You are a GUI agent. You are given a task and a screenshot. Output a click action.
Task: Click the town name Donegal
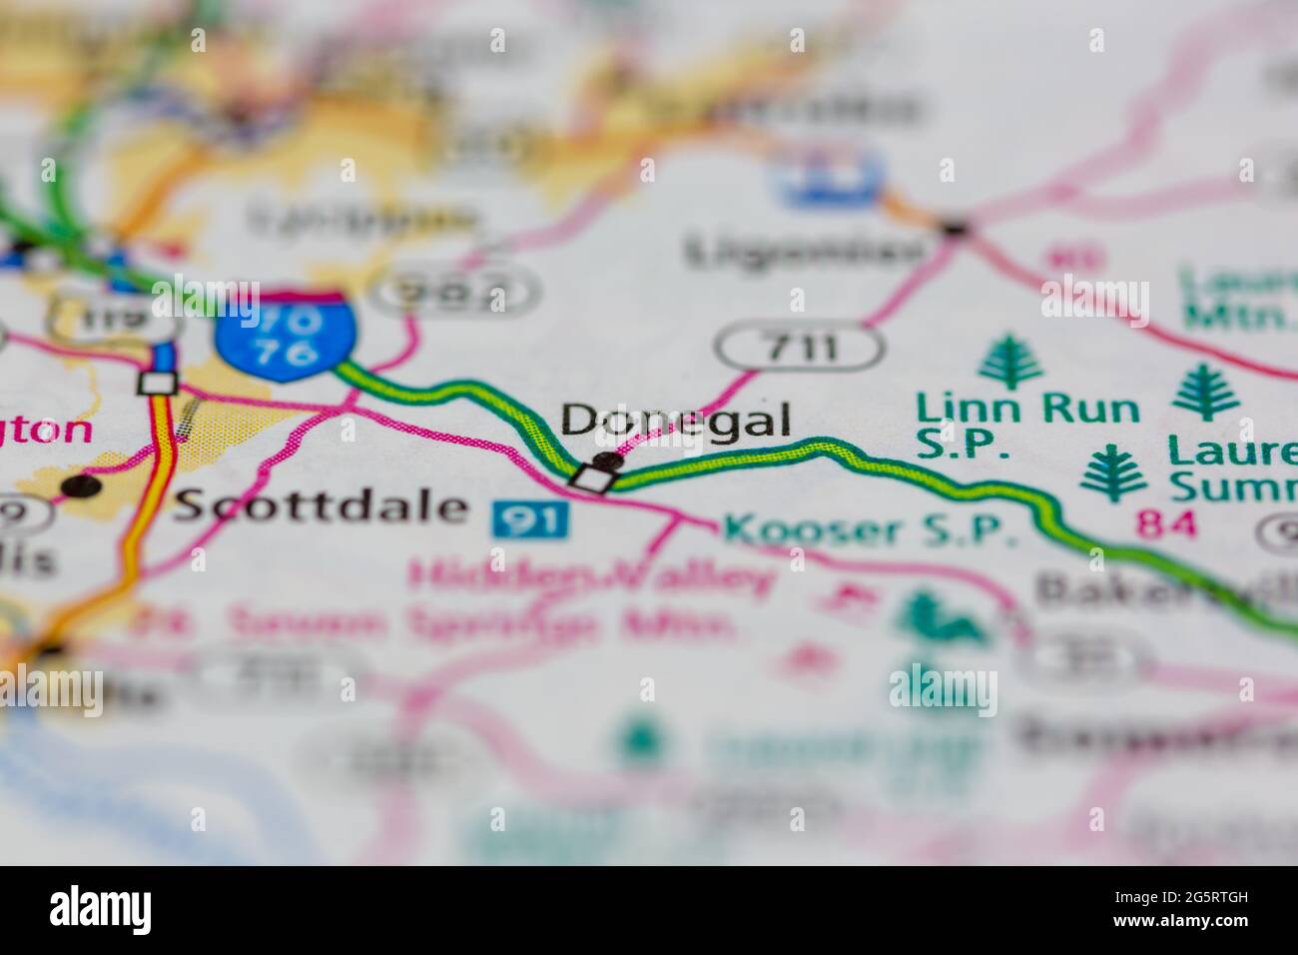coord(676,420)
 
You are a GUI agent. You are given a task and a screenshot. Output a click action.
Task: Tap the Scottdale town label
coord(320,506)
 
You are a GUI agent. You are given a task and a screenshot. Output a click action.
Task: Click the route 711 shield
coord(800,347)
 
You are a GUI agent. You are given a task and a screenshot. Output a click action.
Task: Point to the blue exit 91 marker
coord(530,517)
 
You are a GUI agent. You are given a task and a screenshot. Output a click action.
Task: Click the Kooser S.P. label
coord(869,529)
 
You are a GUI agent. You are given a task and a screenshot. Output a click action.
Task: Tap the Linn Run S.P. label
coord(1027,424)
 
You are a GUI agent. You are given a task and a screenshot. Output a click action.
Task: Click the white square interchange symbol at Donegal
coord(590,477)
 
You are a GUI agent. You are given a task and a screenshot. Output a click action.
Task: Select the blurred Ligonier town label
coord(804,251)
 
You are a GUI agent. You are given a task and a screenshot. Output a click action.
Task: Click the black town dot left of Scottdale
coord(82,485)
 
